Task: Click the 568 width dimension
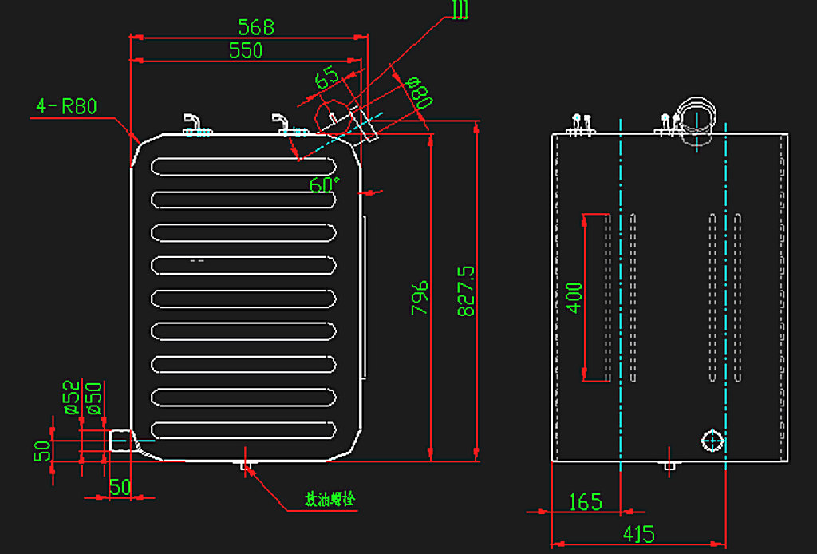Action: click(256, 27)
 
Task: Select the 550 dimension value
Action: click(246, 51)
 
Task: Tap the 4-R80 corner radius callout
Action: click(66, 106)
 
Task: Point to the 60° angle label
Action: click(325, 184)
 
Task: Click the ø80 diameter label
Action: click(419, 93)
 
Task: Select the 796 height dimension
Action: click(420, 296)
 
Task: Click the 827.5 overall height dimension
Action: click(467, 291)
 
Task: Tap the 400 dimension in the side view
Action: click(573, 296)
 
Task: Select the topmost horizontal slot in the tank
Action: click(243, 167)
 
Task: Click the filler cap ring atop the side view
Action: click(697, 113)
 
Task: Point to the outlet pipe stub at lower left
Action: click(120, 438)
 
